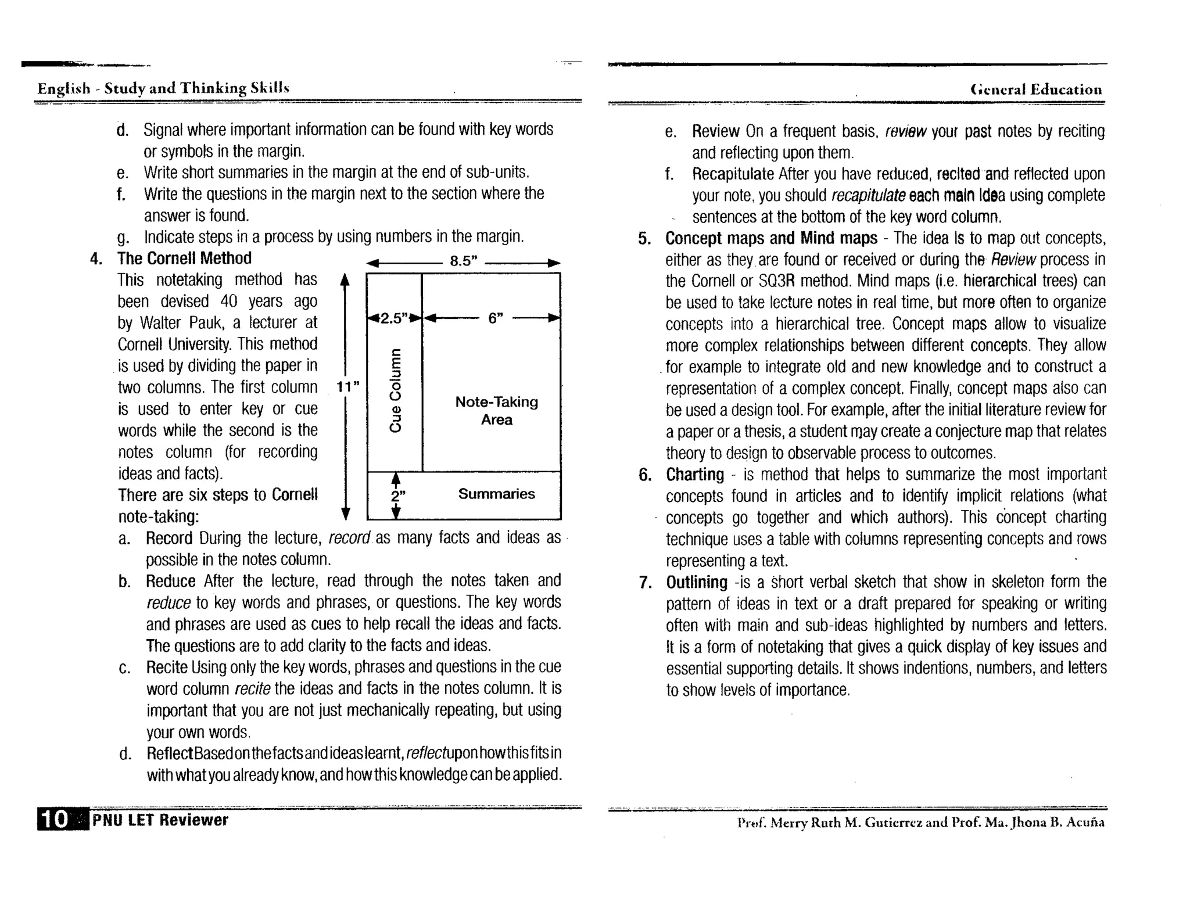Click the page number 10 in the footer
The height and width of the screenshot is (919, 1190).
[55, 819]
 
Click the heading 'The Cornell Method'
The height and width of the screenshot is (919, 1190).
[184, 258]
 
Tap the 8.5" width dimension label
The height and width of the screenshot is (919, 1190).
[463, 261]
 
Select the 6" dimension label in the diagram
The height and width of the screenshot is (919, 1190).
[495, 318]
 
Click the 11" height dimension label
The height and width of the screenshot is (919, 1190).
[348, 386]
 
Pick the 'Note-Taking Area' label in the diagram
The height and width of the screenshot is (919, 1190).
[496, 411]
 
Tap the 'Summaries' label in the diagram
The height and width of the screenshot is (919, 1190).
[496, 494]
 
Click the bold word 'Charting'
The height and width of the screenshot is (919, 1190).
[694, 475]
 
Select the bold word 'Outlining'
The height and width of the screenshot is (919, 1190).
[696, 582]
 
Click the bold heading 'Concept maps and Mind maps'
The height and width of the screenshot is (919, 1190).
[770, 238]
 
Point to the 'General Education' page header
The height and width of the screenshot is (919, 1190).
[1035, 89]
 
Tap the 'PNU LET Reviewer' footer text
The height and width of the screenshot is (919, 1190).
[160, 820]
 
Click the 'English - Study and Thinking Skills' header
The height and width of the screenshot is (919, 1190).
[163, 88]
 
